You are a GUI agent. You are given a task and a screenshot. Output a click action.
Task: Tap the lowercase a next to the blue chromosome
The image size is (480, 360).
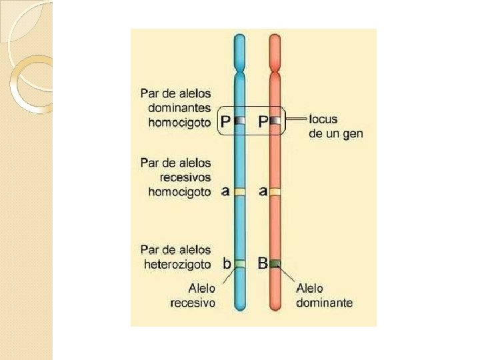pyautogui.click(x=225, y=191)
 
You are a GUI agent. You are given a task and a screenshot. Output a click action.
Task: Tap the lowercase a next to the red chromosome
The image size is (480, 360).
pyautogui.click(x=263, y=191)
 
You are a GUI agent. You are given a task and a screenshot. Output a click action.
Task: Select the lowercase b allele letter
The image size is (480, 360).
pyautogui.click(x=227, y=263)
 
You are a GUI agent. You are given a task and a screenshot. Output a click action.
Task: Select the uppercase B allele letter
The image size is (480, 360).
pyautogui.click(x=263, y=263)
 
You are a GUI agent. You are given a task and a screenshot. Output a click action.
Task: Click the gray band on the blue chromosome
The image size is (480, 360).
pyautogui.click(x=240, y=121)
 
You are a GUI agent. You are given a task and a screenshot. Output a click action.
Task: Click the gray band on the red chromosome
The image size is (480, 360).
pyautogui.click(x=275, y=121)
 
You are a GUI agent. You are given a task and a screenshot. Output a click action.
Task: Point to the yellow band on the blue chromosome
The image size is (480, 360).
pyautogui.click(x=240, y=192)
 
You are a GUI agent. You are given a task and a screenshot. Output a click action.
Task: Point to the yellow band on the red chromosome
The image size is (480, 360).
pyautogui.click(x=275, y=192)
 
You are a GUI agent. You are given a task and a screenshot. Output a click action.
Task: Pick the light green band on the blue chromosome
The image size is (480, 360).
pyautogui.click(x=240, y=264)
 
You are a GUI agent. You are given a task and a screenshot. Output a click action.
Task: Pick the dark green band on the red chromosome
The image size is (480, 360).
pyautogui.click(x=275, y=264)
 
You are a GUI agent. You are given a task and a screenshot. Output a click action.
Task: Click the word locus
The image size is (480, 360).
pyautogui.click(x=324, y=119)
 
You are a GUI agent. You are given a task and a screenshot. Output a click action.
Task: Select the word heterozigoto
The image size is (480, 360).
pyautogui.click(x=178, y=264)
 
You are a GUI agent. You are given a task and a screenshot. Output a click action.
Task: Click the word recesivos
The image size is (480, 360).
pyautogui.click(x=185, y=177)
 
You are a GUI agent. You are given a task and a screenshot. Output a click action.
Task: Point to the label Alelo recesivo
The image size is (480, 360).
pyautogui.click(x=193, y=295)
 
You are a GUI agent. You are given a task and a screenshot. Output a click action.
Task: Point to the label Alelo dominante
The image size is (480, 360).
pyautogui.click(x=324, y=295)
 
